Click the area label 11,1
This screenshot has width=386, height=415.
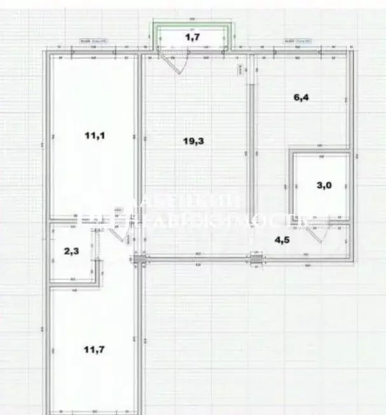point(94,135)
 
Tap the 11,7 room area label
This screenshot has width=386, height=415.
point(94,350)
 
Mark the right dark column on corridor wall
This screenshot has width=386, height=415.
point(256,258)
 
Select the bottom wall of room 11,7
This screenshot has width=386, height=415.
point(93,412)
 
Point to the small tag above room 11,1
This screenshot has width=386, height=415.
point(92,41)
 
